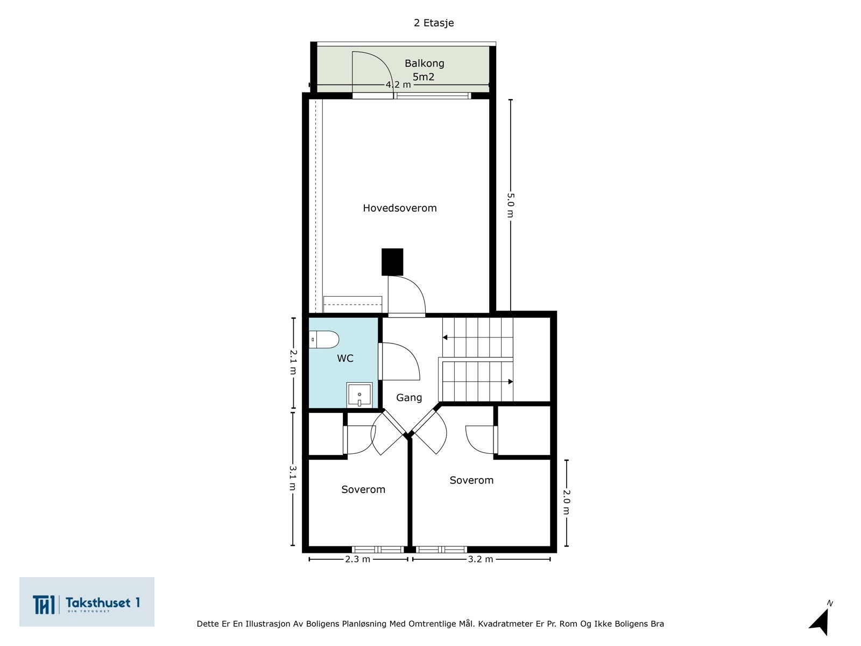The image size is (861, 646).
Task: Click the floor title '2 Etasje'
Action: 433,23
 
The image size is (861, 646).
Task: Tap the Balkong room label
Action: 425,64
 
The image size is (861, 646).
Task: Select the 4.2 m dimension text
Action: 398,85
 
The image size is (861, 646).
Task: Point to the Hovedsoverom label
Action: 400,208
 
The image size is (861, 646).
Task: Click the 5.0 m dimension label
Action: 511,205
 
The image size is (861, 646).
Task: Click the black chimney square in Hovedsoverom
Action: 392,262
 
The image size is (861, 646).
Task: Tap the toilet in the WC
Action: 324,340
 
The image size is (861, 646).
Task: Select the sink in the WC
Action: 359,395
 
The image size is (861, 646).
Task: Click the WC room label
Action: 345,358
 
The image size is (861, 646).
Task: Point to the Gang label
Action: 409,398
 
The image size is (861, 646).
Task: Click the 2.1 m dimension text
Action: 293,362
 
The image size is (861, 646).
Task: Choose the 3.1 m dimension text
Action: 293,478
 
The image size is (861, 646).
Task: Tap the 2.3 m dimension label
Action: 357,559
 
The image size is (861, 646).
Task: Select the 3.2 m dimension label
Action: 481,559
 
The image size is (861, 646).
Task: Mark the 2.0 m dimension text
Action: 567,502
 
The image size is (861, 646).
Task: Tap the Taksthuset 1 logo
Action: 87,602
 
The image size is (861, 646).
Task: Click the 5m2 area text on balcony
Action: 424,77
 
